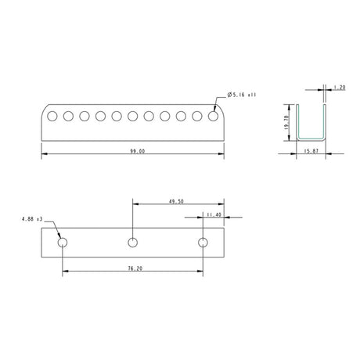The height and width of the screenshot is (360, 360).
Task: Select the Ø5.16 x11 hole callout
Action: click(x=242, y=95)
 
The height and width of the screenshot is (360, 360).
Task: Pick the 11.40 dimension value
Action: click(x=214, y=213)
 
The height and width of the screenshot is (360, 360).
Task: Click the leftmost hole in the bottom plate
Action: click(x=63, y=241)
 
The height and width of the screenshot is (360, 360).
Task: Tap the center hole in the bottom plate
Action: click(x=134, y=241)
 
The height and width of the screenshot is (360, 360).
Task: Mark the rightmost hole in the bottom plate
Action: click(x=204, y=241)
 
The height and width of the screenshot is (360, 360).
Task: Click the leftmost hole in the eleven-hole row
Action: click(x=52, y=117)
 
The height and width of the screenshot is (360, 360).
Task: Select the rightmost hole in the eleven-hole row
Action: click(x=213, y=117)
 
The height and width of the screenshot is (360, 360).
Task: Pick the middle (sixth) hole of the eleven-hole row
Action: click(x=133, y=117)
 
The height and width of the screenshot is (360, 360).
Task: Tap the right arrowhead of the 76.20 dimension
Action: click(x=202, y=271)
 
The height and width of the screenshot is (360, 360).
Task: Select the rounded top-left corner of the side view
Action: click(x=43, y=108)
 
